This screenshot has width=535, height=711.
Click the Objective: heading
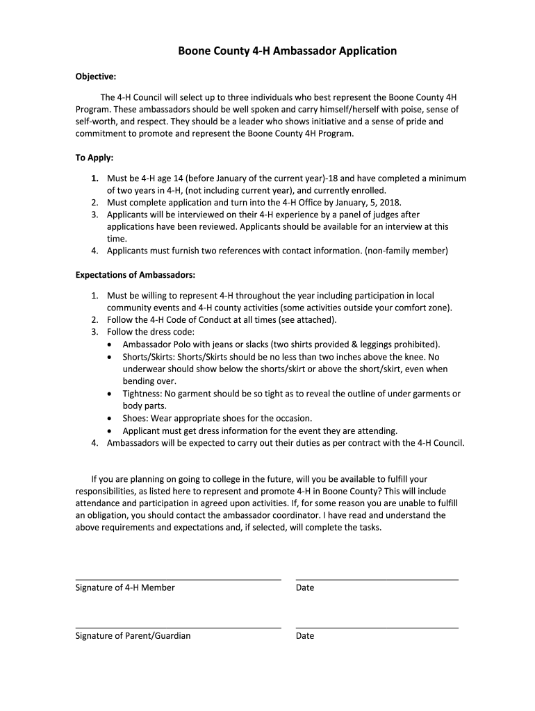click(95, 76)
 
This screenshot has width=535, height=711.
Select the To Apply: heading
click(94, 158)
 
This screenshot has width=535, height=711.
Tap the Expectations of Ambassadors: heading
click(135, 274)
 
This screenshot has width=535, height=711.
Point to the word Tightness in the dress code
click(142, 394)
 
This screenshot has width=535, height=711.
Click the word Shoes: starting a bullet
click(137, 418)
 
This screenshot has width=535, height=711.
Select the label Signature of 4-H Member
click(125, 587)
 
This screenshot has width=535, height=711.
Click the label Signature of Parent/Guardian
click(133, 635)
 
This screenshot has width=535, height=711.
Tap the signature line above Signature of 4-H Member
click(178, 579)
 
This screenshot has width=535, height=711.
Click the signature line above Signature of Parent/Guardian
click(178, 628)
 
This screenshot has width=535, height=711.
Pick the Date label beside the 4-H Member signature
click(304, 587)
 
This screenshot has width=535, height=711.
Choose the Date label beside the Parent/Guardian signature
click(304, 635)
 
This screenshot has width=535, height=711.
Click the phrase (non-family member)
click(406, 250)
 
